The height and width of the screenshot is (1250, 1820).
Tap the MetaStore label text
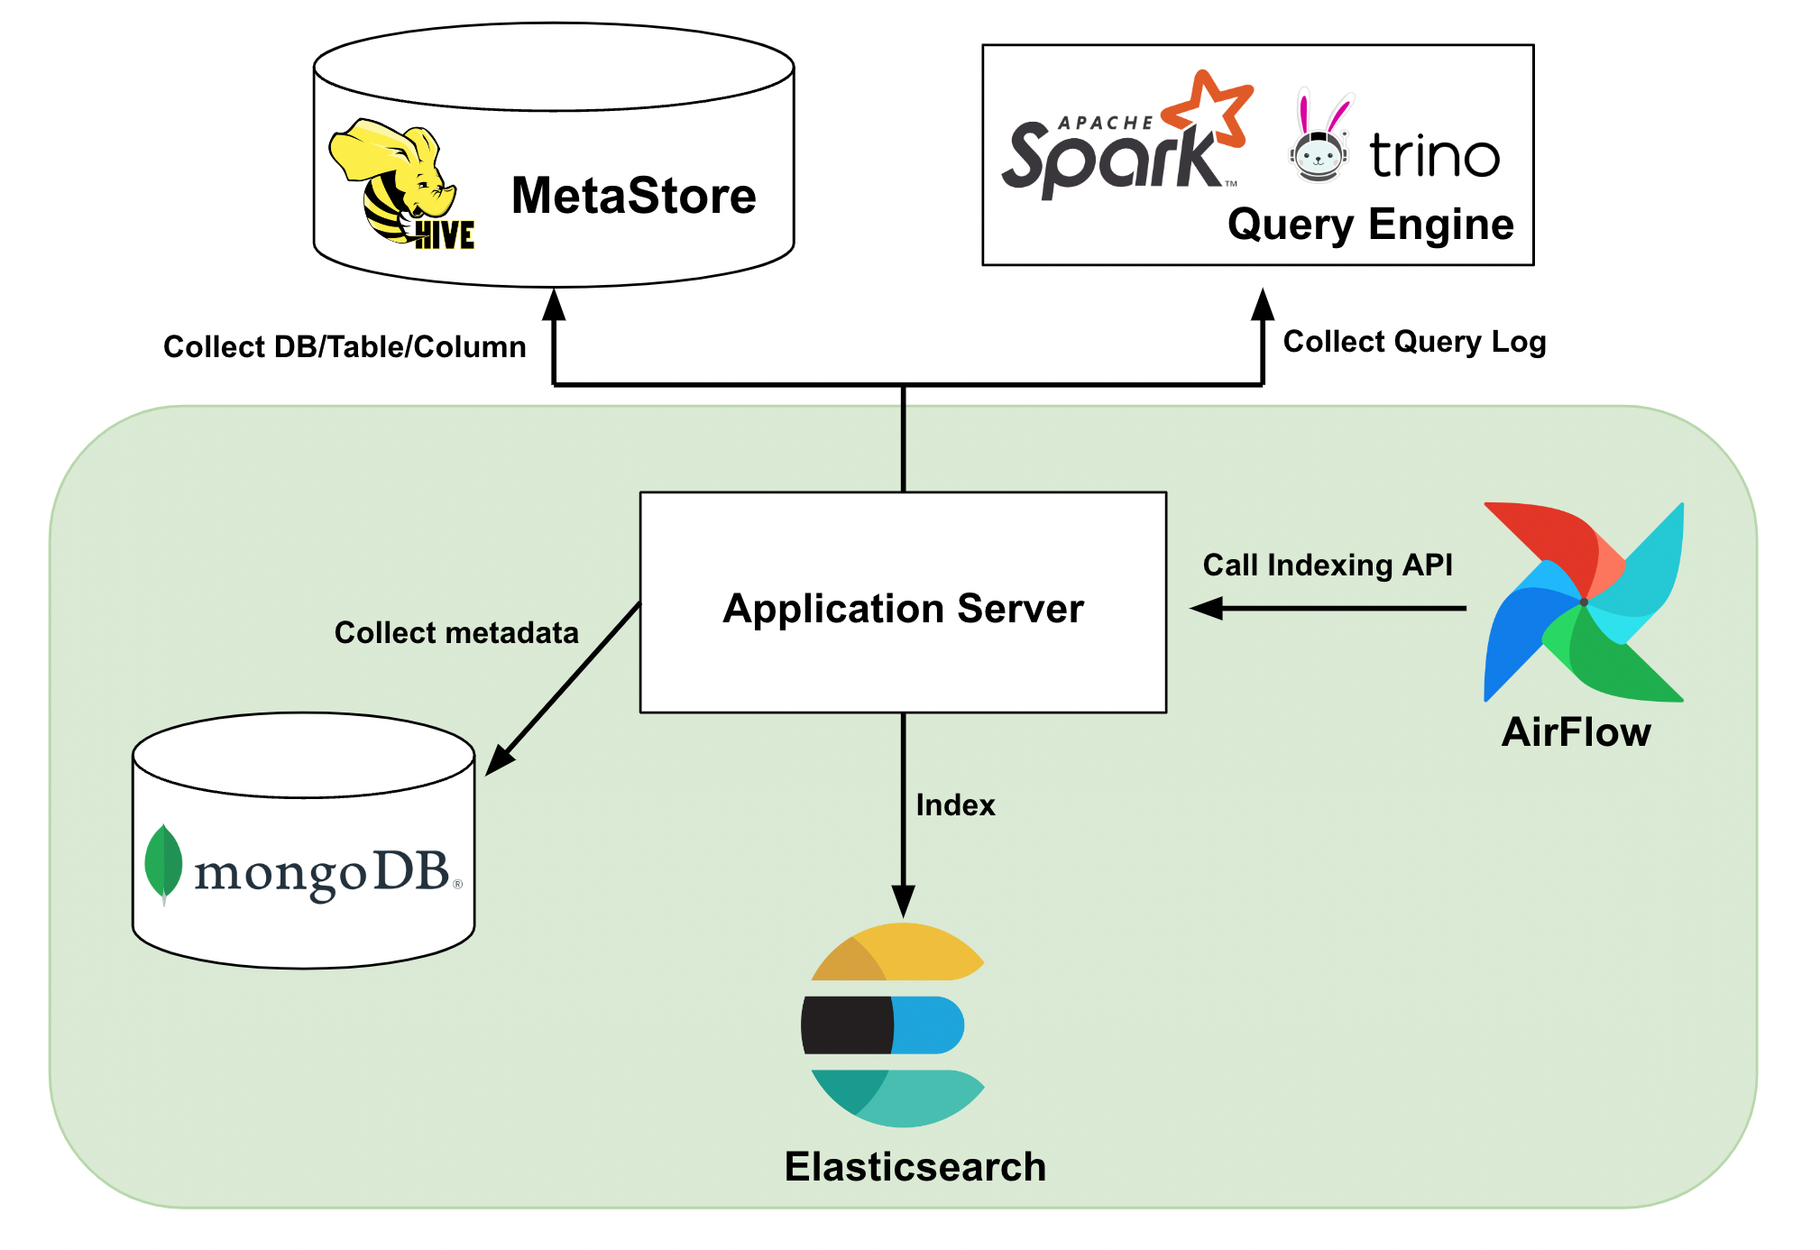pyautogui.click(x=633, y=196)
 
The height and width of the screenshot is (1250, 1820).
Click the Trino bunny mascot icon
pyautogui.click(x=1319, y=140)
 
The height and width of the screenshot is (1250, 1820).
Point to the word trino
pyautogui.click(x=1434, y=155)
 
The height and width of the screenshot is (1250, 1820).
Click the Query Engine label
pyautogui.click(x=1370, y=224)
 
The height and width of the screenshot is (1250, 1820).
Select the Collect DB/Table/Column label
pyautogui.click(x=345, y=347)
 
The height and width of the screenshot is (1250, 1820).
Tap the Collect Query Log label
pyautogui.click(x=1414, y=342)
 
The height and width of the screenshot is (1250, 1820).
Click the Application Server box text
pyautogui.click(x=903, y=609)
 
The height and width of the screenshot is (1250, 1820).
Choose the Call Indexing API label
pyautogui.click(x=1328, y=565)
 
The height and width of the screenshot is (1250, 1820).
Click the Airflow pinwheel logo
pyautogui.click(x=1584, y=602)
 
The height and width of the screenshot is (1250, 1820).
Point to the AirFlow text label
pyautogui.click(x=1576, y=732)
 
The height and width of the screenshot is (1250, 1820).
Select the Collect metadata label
pyautogui.click(x=456, y=633)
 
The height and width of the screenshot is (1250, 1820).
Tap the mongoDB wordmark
pyautogui.click(x=323, y=872)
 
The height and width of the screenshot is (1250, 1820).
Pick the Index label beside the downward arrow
pyautogui.click(x=955, y=805)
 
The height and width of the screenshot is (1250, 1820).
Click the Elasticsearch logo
pyautogui.click(x=893, y=1025)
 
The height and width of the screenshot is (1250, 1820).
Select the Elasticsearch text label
pyautogui.click(x=915, y=1167)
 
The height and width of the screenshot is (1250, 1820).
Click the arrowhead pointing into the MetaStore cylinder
pyautogui.click(x=554, y=305)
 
